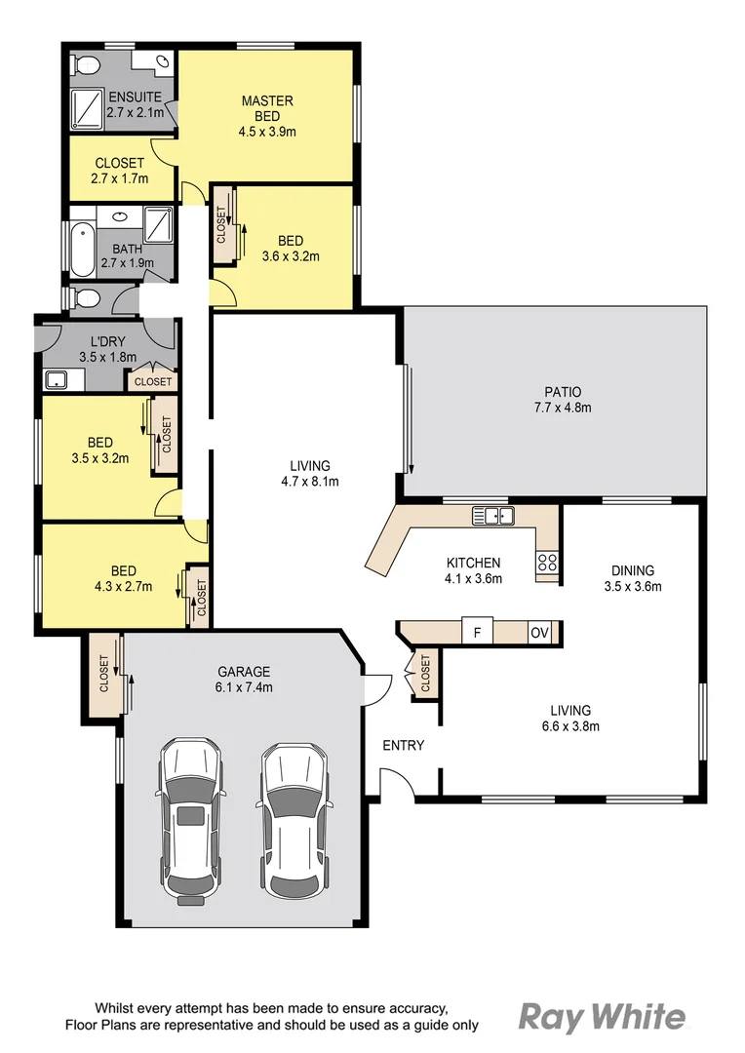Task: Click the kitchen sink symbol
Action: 492,516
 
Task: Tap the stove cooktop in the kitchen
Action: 547,562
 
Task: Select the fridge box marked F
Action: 477,632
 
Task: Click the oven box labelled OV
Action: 539,632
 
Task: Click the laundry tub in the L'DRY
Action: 56,379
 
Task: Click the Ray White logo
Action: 602,1017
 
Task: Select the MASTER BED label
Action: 267,108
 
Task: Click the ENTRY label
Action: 403,746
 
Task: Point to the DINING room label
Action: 633,570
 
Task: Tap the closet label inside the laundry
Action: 153,381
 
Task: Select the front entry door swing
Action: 394,782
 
